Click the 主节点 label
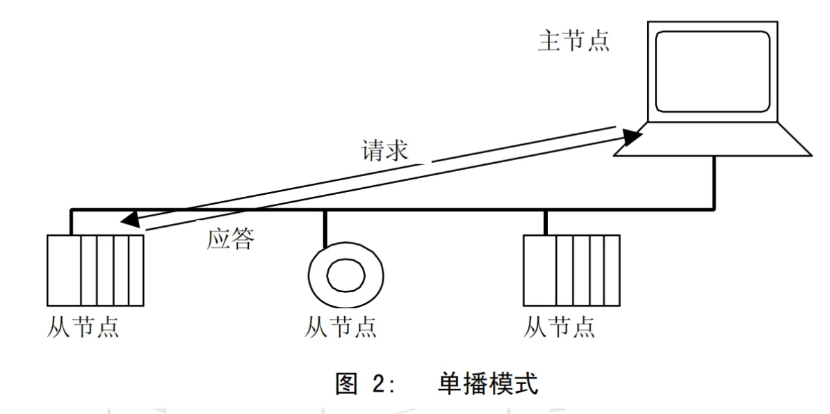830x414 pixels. (x=573, y=41)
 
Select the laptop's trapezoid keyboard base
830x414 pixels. (x=713, y=140)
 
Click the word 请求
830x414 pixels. (x=384, y=151)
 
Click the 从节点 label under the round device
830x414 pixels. (x=341, y=326)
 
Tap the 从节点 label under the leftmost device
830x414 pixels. (x=84, y=326)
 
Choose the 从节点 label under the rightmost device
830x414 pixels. (x=560, y=326)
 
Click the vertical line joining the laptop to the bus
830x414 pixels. (x=714, y=182)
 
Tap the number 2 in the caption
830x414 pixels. (x=380, y=384)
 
